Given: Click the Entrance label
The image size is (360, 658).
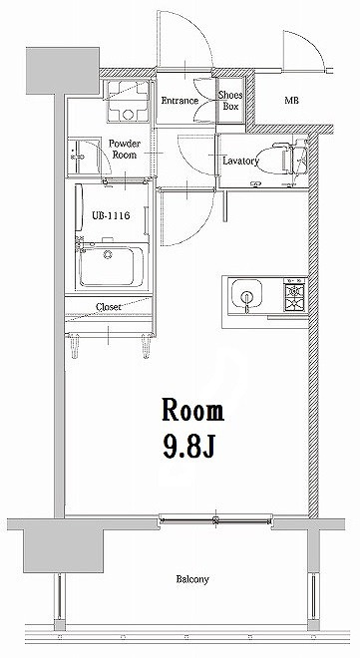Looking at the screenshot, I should [x=180, y=100].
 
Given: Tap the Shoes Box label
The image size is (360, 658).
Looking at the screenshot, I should [x=230, y=100].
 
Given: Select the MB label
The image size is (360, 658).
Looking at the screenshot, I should [x=291, y=101].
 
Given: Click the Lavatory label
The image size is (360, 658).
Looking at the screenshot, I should [x=241, y=160].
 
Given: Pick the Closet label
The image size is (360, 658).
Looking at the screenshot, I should [x=110, y=307].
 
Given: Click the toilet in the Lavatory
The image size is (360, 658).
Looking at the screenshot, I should [x=289, y=157].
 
